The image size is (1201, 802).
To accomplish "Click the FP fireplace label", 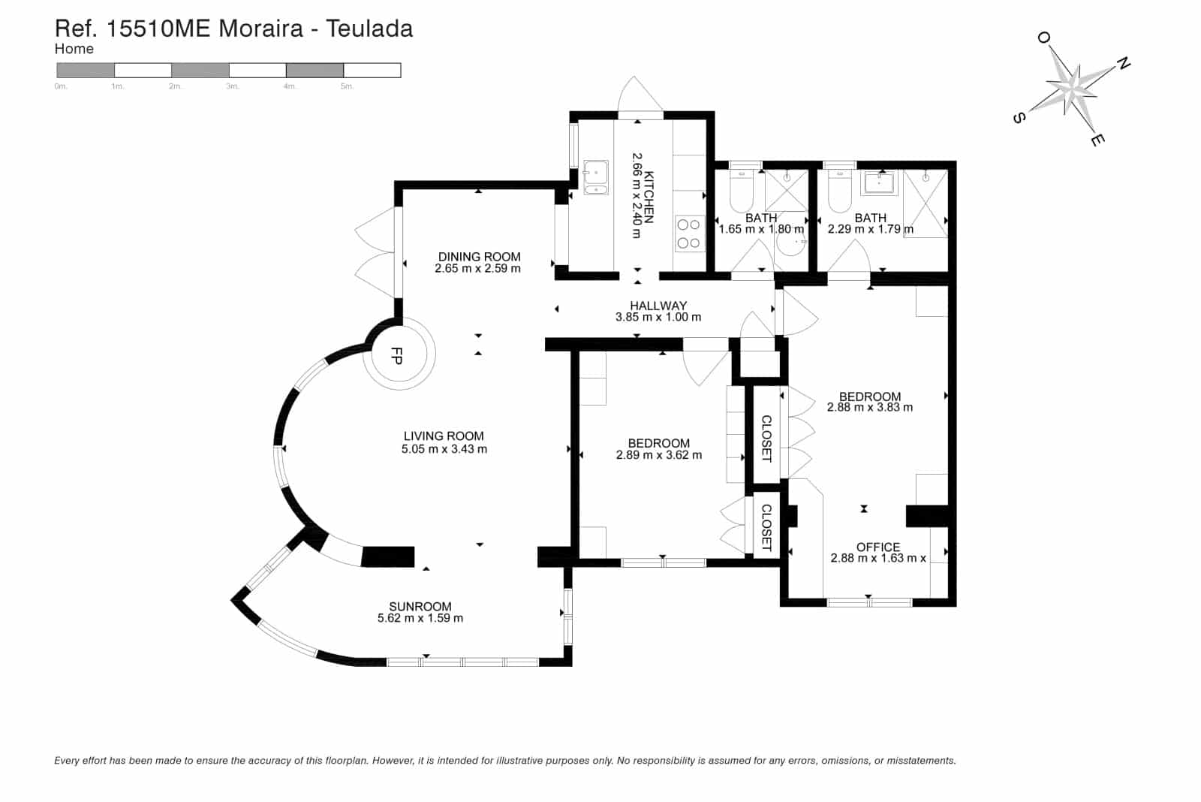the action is coord(396,356).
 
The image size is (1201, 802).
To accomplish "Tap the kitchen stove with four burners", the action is coord(689,234).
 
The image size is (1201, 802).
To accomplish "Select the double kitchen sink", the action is coord(596,177).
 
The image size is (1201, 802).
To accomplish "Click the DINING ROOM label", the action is coord(479,256).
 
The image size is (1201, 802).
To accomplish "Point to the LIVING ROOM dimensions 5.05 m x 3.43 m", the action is coord(444,449).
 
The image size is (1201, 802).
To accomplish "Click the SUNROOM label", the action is coord(420,606).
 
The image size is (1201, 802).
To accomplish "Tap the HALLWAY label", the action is coord(658,305).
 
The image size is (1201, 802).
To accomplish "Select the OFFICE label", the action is coord(877,547).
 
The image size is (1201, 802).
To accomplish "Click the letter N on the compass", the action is coord(1123,64).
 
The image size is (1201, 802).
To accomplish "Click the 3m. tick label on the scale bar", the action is coord(232,86).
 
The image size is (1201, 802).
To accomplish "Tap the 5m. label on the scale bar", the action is coord(347,86).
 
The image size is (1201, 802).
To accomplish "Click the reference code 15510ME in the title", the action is coord(158,29).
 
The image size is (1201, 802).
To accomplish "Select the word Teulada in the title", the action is coord(369,29).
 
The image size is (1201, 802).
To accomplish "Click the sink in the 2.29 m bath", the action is coord(879,183).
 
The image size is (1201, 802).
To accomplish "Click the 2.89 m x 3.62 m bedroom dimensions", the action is coord(659,455).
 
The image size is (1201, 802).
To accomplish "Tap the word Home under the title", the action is coord(74,49).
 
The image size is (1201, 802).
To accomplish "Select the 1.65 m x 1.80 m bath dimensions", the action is coord(761,229).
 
